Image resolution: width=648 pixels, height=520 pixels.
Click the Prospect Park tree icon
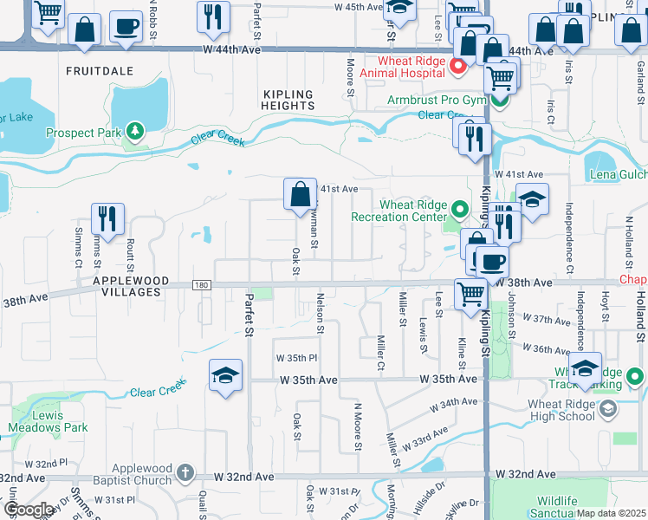click(134, 132)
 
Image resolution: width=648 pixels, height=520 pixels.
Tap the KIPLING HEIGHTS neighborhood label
click(288, 99)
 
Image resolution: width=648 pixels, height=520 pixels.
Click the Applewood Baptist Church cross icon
click(184, 472)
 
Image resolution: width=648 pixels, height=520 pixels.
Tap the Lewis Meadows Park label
click(48, 422)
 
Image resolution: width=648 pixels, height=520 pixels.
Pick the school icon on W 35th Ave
click(225, 374)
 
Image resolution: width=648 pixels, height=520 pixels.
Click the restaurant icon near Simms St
click(107, 219)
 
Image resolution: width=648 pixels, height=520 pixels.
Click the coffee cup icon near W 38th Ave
click(492, 261)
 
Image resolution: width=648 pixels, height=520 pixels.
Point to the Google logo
click(29, 510)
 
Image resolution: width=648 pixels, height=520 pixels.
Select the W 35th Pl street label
click(296, 358)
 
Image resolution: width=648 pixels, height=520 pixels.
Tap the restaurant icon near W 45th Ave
click(211, 16)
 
